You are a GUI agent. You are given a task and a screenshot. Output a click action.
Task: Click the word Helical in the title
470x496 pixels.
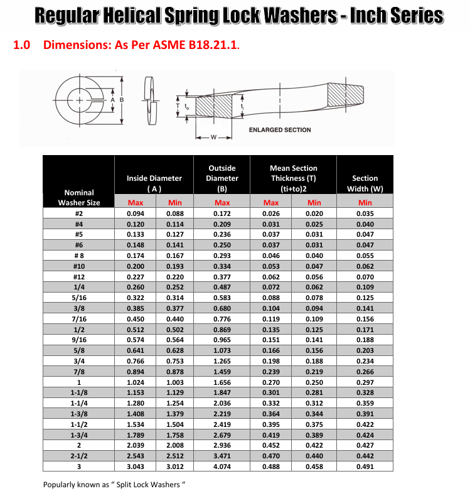[x=131, y=16]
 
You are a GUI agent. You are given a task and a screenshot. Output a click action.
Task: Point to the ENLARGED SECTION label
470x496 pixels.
[x=280, y=130]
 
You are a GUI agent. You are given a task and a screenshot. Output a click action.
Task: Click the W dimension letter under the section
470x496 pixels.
[x=214, y=137]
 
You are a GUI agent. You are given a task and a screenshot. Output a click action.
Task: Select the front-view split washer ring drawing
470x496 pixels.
[x=78, y=100]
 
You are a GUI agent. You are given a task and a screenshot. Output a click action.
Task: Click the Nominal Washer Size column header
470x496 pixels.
[x=79, y=197]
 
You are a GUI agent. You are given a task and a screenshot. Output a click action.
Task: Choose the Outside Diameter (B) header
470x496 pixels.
[x=222, y=178]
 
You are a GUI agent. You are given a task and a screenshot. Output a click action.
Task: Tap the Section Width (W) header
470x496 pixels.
[x=365, y=183]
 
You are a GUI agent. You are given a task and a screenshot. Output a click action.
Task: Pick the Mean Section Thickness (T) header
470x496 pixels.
[x=293, y=178]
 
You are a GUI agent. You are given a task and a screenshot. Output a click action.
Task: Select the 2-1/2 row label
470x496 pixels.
[x=79, y=455]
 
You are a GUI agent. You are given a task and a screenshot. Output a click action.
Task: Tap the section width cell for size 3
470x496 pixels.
[x=365, y=466]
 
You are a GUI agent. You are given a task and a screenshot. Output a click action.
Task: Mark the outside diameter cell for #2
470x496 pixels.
[x=222, y=213]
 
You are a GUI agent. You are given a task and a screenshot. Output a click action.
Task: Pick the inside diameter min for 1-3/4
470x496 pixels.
[x=175, y=435]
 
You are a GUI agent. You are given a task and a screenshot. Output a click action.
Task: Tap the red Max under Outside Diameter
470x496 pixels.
[x=222, y=203]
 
